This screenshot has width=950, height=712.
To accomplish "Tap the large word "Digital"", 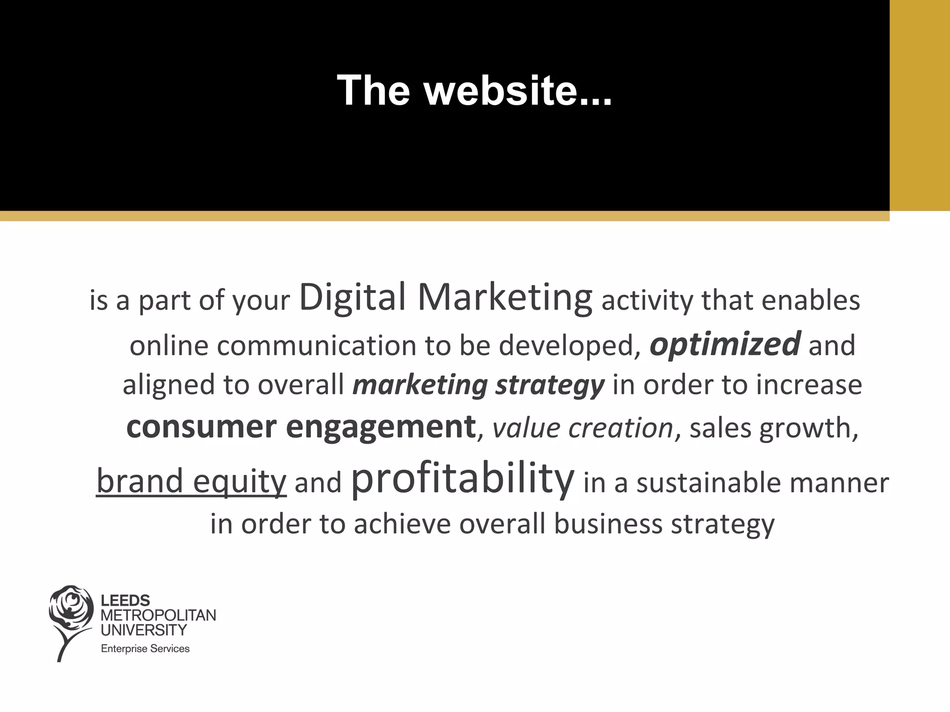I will (x=353, y=298).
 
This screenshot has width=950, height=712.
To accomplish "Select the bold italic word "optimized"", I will (x=725, y=345).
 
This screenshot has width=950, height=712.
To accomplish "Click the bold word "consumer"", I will (x=201, y=426).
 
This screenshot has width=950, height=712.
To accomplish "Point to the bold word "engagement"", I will (x=381, y=427).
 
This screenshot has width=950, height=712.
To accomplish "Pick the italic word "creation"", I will (x=621, y=427).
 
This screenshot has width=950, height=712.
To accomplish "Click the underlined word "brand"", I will (x=140, y=481).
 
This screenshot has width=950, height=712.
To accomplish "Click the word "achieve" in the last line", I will (x=402, y=524).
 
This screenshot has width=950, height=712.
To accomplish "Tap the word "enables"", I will (x=811, y=300).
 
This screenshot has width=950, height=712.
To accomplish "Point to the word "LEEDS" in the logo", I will (x=125, y=601).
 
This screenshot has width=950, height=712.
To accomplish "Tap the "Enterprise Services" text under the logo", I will (x=145, y=648).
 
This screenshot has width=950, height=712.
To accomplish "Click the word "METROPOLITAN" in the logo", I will (x=158, y=615).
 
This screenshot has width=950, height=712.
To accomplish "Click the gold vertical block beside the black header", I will (x=919, y=105).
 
